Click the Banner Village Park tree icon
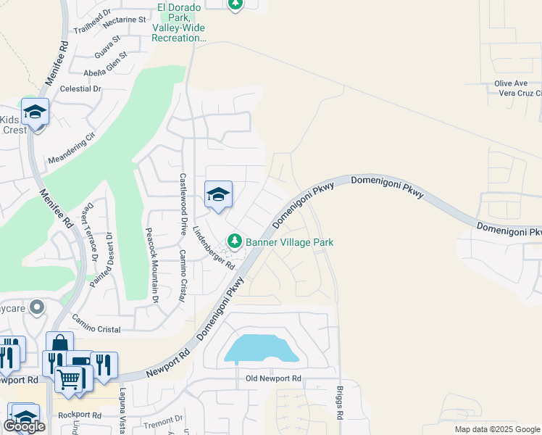(234, 241)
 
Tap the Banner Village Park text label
(289, 242)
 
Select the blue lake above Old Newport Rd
(262, 349)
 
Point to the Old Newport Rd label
(273, 378)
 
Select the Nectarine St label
(125, 20)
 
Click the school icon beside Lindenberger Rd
(218, 194)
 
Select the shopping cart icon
(70, 378)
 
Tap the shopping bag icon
(59, 344)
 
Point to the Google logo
(24, 427)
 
